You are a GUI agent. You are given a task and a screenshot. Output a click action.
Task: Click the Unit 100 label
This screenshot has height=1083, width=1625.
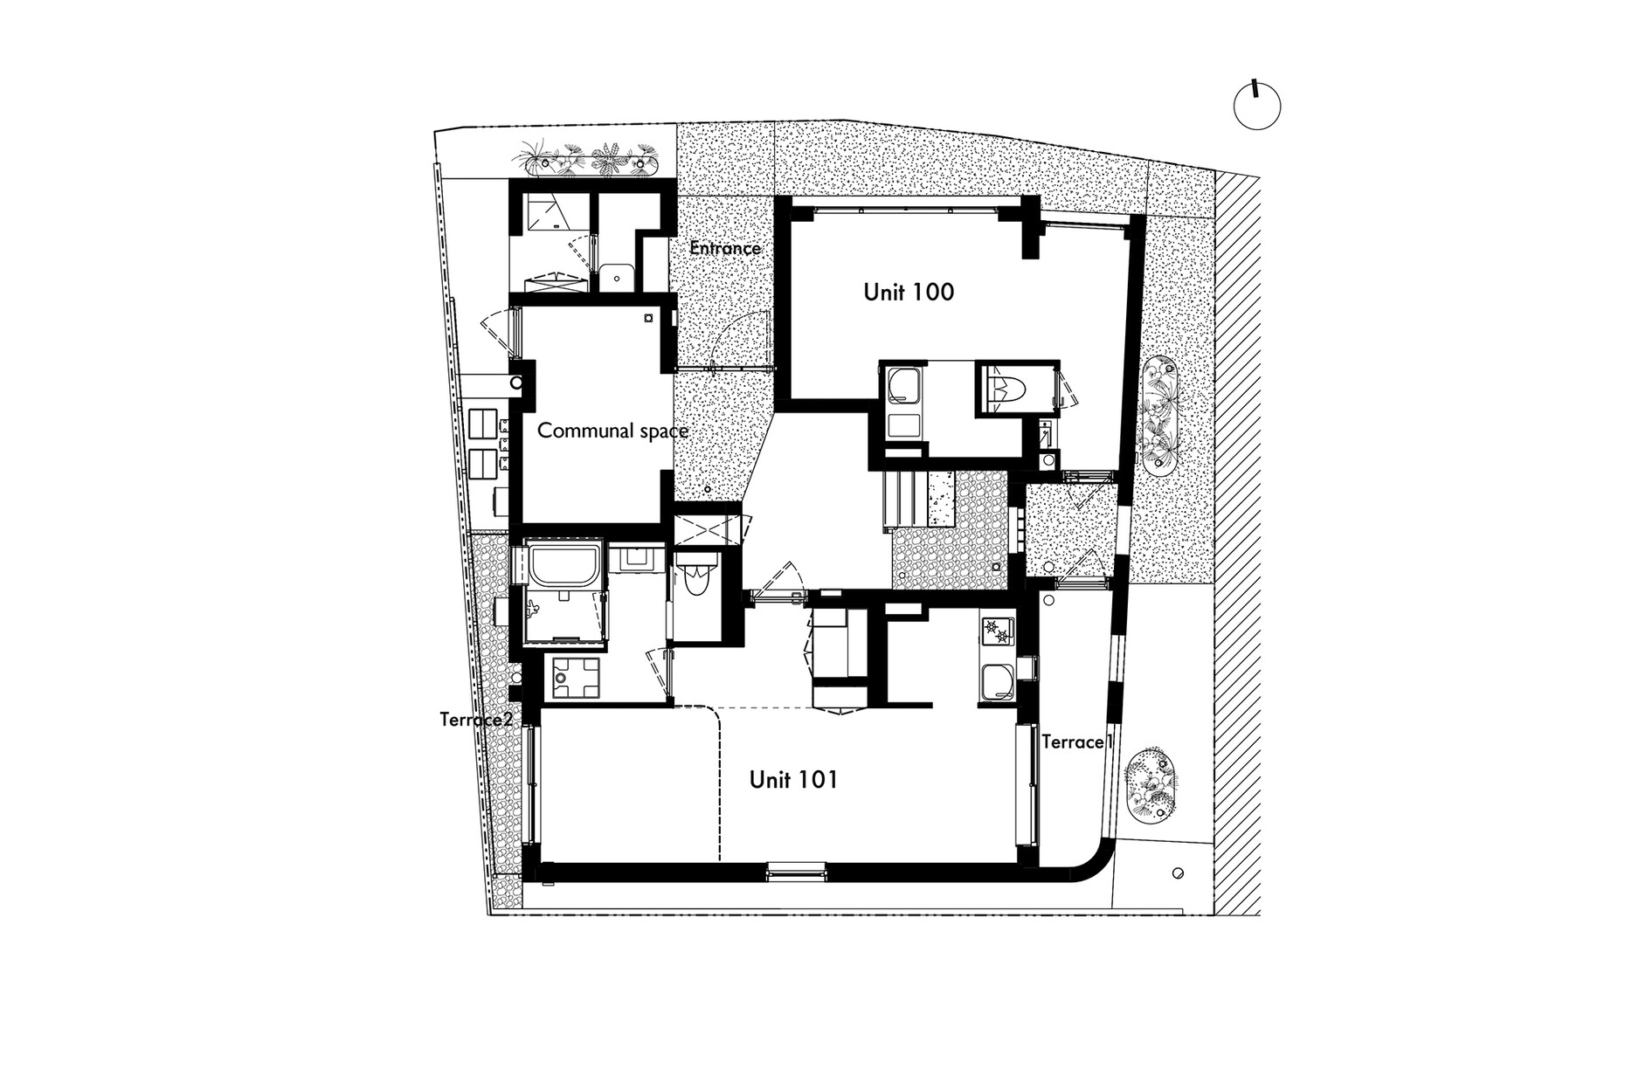coord(909,292)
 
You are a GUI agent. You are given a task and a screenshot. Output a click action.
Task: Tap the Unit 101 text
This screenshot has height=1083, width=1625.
coord(793,779)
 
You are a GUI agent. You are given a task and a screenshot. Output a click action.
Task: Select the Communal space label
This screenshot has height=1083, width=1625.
coord(612,431)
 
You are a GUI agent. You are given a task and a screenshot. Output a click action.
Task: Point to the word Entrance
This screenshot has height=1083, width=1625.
coord(725,248)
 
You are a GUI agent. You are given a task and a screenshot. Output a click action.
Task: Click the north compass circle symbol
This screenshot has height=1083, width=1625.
coord(1257,107)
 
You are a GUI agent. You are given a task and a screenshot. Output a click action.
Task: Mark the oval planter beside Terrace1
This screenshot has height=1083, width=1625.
coord(1152,785)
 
